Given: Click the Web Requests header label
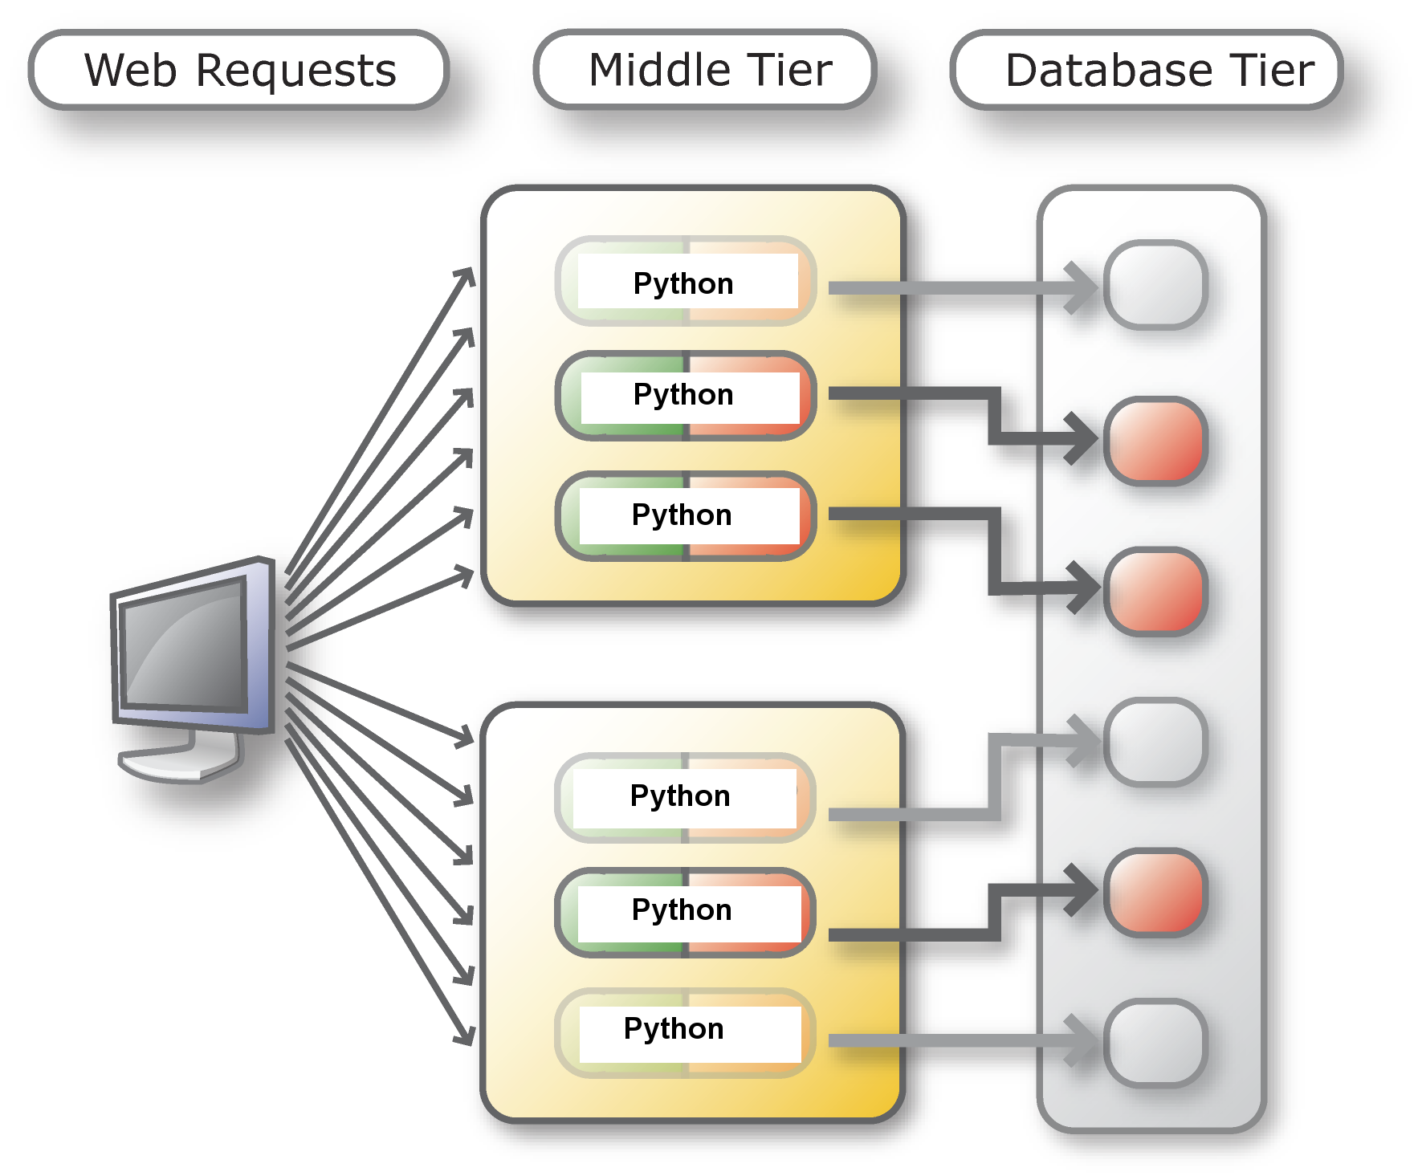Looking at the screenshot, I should [238, 70].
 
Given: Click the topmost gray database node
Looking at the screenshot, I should [1155, 285].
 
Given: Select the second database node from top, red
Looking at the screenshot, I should [1155, 441].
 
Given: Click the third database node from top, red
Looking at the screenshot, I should [1155, 592].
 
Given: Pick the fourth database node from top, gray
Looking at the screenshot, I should [1155, 742].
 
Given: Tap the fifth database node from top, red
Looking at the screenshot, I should [1155, 892].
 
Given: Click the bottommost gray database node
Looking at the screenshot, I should [1155, 1043].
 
